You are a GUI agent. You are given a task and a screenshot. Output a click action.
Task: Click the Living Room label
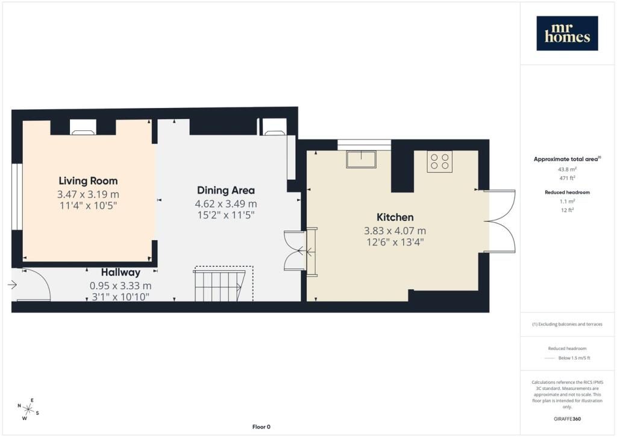[x=88, y=181]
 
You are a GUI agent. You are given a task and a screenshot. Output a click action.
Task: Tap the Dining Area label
[x=226, y=190]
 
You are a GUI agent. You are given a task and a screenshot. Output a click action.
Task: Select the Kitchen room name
[x=395, y=217]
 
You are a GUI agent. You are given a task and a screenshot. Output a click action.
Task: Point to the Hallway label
[x=121, y=272]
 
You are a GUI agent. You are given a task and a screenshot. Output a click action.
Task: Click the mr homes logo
[x=567, y=33]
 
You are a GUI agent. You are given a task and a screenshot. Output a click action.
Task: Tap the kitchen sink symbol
[x=362, y=159]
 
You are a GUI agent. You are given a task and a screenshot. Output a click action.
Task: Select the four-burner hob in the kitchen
[x=439, y=161]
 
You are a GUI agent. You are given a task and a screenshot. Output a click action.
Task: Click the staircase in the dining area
[x=223, y=284]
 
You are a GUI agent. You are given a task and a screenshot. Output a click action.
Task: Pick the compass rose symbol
[x=28, y=409]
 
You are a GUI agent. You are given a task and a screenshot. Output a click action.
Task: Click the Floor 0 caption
[x=262, y=427]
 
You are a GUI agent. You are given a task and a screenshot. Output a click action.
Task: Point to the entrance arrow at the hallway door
[x=12, y=284]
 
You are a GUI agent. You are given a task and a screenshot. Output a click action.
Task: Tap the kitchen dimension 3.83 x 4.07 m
[x=395, y=231]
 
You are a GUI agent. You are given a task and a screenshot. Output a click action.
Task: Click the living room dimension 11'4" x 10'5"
[x=88, y=205]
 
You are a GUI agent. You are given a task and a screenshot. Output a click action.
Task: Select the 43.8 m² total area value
[x=567, y=170]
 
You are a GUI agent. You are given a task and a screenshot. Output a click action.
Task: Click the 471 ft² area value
[x=567, y=178]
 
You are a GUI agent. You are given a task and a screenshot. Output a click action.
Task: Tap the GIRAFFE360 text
[x=567, y=419]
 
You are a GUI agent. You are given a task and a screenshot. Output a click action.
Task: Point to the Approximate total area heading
[x=567, y=159]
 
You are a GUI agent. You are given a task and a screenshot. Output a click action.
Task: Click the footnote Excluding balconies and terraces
[x=567, y=324]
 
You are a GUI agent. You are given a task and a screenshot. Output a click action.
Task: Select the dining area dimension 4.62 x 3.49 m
[x=226, y=204]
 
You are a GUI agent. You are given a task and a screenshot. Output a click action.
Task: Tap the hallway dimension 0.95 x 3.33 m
[x=121, y=285]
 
